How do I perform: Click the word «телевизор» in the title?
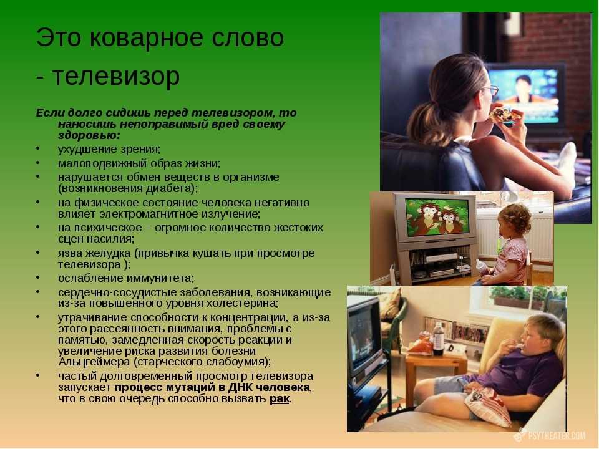coord(116,76)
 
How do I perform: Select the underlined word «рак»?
coord(280,398)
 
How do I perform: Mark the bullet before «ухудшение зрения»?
coord(38,148)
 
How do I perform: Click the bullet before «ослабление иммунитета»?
coord(38,277)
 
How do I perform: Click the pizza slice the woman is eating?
coord(504,114)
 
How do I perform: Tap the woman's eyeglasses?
coord(491,90)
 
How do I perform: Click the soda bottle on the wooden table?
coord(438,339)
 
